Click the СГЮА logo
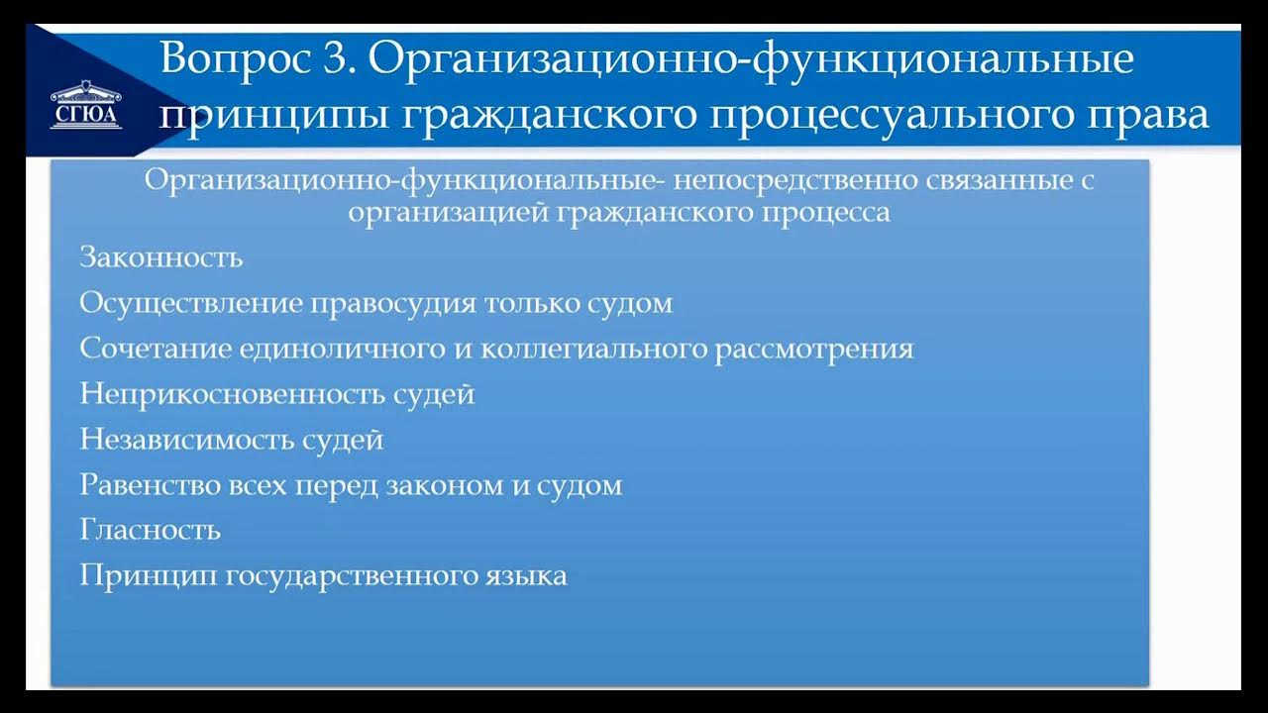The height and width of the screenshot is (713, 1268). point(86,107)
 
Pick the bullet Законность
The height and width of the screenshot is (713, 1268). point(160,257)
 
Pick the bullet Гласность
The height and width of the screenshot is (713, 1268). point(150,530)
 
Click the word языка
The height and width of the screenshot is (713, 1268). point(525,576)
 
